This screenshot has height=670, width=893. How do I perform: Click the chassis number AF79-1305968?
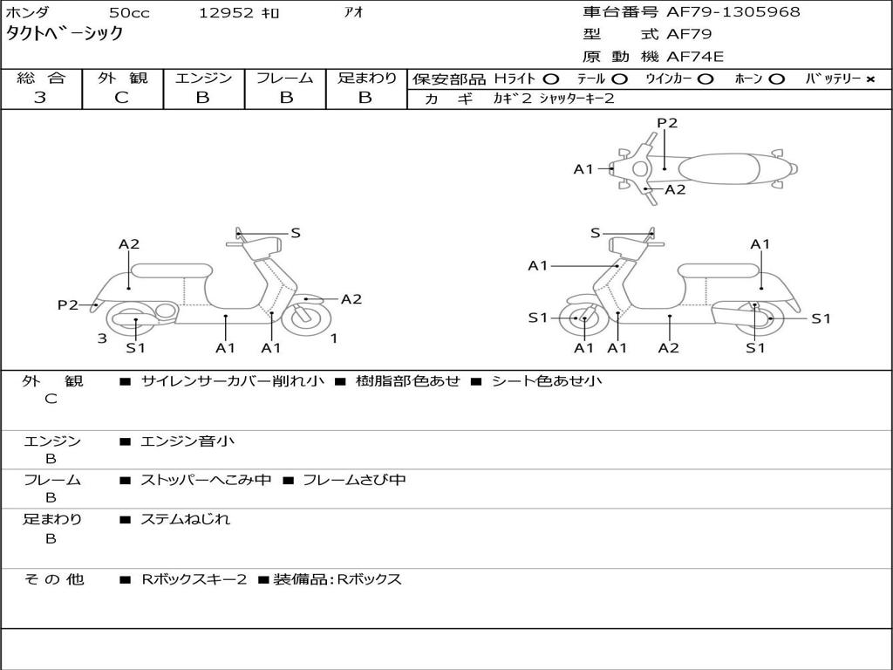733,12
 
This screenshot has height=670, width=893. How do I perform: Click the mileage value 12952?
226,13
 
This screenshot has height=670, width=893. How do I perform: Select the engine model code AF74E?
695,57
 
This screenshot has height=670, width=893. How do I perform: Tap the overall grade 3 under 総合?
40,98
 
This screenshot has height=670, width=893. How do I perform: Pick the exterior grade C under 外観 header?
121,98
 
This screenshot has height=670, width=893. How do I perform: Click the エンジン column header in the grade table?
203,78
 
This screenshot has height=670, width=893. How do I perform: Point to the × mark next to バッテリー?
870,79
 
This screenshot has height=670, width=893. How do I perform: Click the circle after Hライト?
551,79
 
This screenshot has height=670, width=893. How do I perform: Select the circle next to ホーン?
776,79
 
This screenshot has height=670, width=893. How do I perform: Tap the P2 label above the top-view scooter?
667,123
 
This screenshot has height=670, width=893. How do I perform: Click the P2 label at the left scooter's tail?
68,304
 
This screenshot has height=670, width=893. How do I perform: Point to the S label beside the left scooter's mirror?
296,232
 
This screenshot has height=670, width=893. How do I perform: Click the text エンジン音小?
187,441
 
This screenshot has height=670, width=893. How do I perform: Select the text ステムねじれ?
185,519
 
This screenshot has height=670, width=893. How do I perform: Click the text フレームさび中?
354,480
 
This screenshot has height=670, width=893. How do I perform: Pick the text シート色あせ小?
547,380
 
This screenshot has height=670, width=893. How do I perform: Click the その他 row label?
54,579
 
